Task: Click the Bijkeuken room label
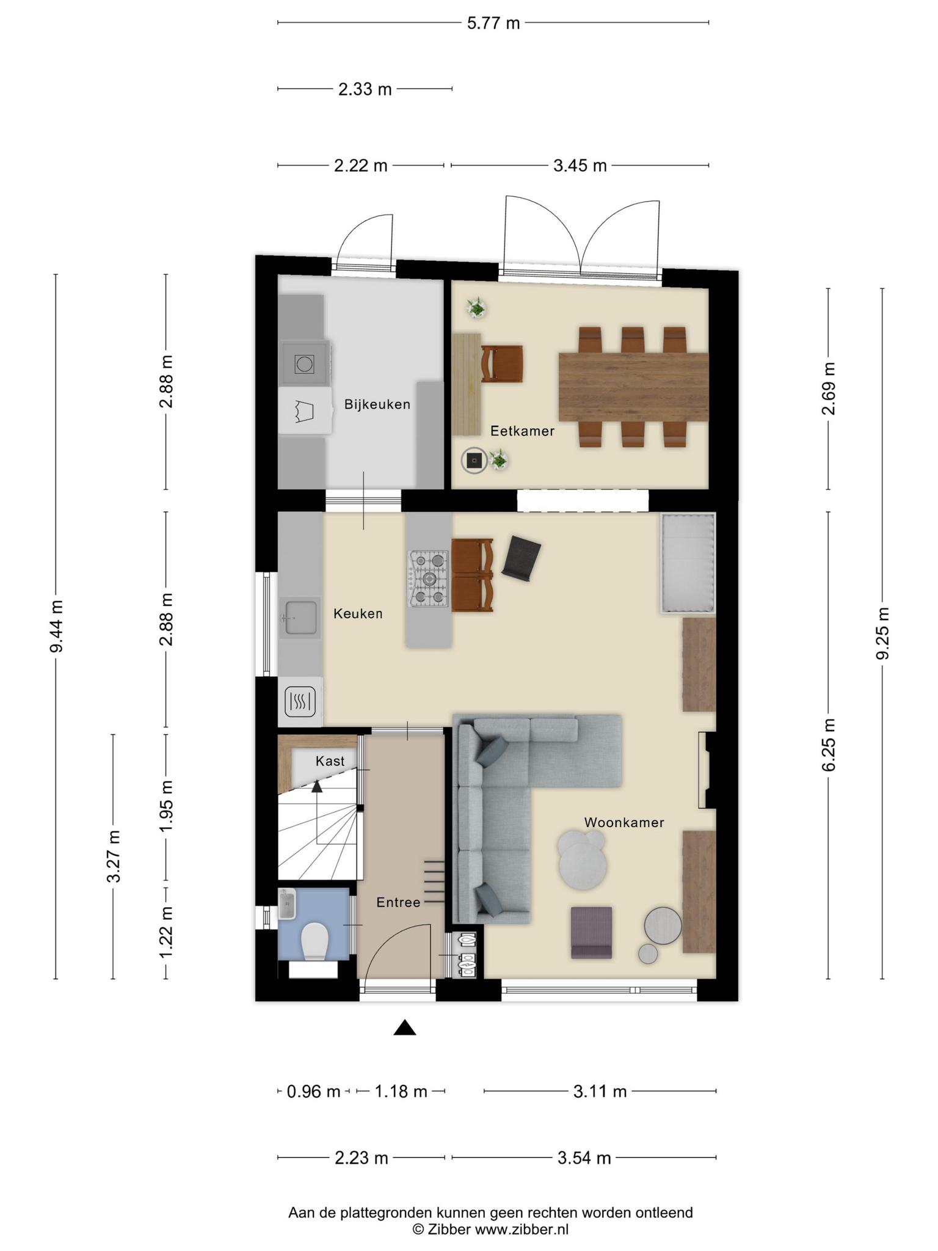[x=377, y=404]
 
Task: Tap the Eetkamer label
[x=522, y=431]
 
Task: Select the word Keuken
[x=358, y=614]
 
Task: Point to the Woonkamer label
[x=624, y=822]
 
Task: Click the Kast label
[x=330, y=761]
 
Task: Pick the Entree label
[x=398, y=902]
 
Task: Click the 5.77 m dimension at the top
[x=493, y=23]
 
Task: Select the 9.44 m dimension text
[x=56, y=626]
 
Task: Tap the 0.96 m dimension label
[x=313, y=1091]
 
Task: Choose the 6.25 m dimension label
[x=828, y=745]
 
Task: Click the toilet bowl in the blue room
[x=315, y=941]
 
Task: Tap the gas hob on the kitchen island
[x=428, y=578]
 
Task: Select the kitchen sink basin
[x=299, y=618]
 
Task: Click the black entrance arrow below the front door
[x=404, y=1028]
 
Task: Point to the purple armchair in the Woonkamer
[x=591, y=932]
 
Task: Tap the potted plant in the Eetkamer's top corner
[x=476, y=307]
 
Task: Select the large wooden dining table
[x=633, y=387]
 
